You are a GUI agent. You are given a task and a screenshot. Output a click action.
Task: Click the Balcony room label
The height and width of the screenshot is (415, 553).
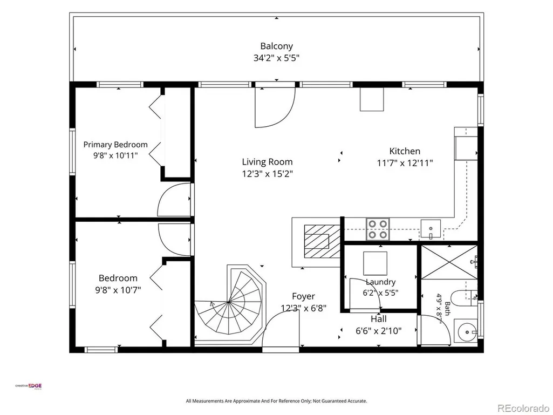point(276,46)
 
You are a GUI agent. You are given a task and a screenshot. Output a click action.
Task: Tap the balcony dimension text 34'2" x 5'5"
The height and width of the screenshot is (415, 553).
point(276,58)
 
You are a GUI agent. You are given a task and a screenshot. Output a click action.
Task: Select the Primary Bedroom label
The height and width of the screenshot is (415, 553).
point(115,144)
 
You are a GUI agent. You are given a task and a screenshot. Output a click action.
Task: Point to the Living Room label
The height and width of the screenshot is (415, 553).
point(268,161)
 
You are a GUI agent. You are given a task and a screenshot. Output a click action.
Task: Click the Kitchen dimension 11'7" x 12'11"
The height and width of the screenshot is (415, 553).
point(405,162)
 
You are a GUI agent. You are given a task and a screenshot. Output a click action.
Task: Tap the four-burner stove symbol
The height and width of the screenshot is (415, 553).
point(378,229)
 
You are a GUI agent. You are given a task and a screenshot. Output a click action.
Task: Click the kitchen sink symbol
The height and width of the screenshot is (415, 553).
point(431,228)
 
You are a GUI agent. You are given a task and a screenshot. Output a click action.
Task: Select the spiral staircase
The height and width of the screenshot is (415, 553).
point(229,303)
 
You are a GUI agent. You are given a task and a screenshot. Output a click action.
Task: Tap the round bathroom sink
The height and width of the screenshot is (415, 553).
point(466,332)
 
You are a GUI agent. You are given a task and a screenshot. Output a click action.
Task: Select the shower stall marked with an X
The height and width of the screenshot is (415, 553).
point(449,262)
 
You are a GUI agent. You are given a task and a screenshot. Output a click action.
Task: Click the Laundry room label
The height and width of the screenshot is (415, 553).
point(380,282)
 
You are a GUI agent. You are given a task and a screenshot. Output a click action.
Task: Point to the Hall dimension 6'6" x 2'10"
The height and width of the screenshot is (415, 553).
point(378,331)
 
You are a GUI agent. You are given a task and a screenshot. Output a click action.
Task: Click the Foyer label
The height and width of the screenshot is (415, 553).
point(303,296)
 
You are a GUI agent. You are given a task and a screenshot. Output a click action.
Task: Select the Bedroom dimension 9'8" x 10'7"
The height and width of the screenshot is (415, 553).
point(118,290)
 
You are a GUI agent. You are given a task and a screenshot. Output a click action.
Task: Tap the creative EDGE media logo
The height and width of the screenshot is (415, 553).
point(28,386)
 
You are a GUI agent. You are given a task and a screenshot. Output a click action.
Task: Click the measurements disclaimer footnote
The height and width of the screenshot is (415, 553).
point(276,401)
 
